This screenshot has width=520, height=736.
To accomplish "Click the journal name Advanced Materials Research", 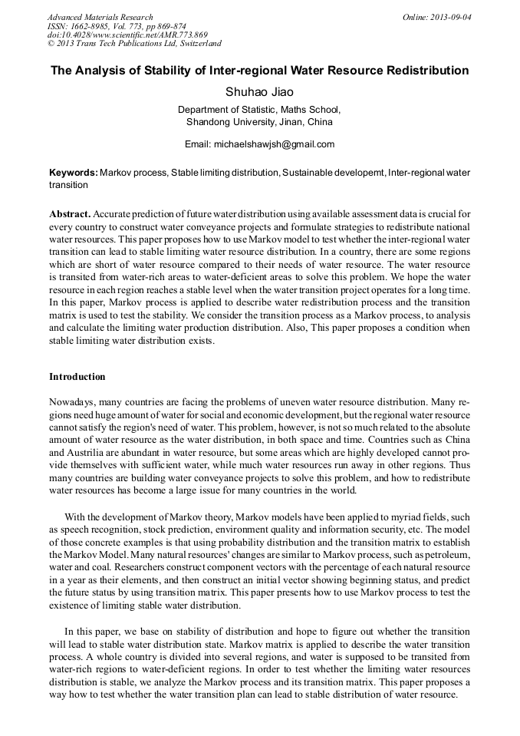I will (100, 17).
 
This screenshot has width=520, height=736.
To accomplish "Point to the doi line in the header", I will (127, 35).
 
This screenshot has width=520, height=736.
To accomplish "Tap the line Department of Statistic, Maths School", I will (259, 110).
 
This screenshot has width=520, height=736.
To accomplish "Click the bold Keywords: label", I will (73, 173).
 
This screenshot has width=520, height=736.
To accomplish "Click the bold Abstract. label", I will (70, 213).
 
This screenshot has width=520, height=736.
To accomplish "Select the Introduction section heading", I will (77, 377).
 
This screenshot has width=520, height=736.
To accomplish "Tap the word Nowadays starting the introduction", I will (73, 401).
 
